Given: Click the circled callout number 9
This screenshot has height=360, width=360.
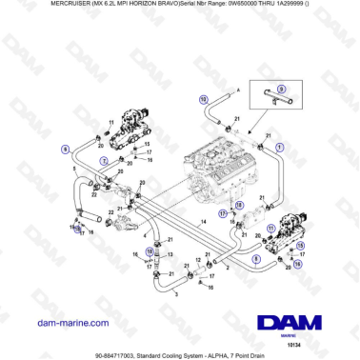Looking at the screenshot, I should coord(65,149).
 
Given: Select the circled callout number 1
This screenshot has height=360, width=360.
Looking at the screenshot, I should coord(279,148).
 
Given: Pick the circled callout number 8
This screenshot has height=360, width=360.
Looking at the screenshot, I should coord(255,257).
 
